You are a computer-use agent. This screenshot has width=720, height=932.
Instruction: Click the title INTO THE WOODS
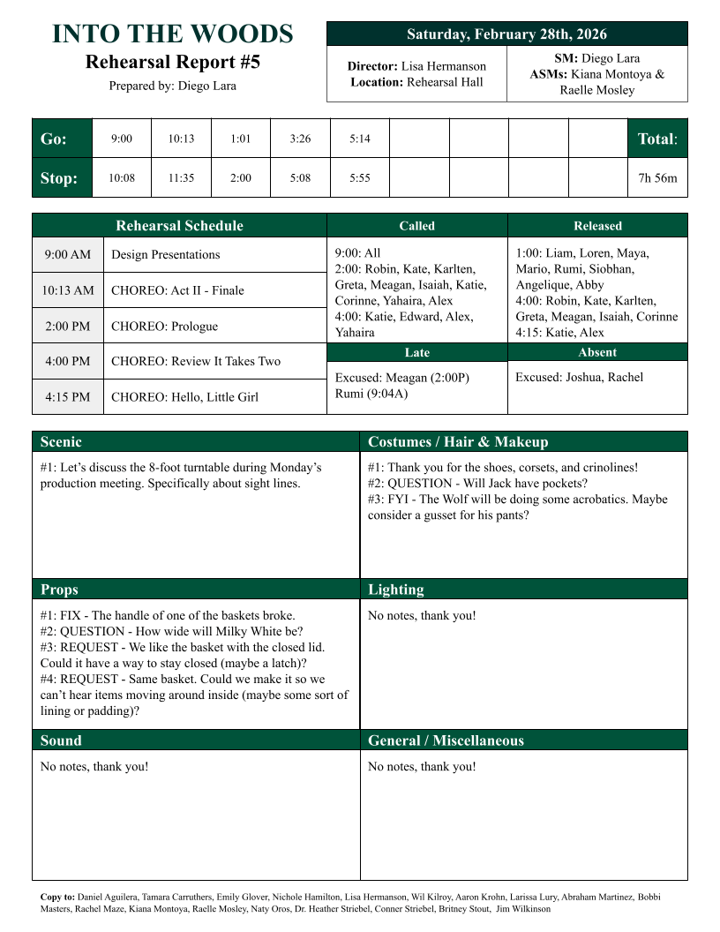click(173, 34)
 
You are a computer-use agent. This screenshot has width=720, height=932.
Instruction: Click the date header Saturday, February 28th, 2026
click(506, 34)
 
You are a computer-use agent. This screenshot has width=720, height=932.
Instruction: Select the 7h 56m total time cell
click(657, 178)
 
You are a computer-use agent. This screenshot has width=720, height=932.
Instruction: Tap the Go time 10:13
click(181, 139)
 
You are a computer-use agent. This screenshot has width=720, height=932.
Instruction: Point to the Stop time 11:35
click(181, 178)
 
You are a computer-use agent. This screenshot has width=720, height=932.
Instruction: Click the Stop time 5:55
click(360, 178)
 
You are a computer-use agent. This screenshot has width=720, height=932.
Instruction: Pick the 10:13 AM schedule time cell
click(68, 290)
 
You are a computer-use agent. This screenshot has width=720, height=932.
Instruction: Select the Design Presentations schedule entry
click(165, 255)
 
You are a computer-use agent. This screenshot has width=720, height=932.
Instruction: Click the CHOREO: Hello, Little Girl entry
click(184, 397)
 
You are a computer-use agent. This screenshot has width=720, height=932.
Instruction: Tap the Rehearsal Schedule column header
click(179, 226)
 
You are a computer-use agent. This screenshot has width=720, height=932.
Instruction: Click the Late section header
click(417, 352)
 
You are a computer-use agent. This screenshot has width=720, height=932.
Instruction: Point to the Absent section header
click(597, 352)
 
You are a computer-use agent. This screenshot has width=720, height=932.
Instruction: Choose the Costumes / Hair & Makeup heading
click(458, 442)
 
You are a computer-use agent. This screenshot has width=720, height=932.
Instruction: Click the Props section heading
click(59, 590)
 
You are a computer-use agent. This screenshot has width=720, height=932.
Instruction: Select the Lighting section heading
click(395, 590)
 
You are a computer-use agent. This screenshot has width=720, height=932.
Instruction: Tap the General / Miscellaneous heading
click(446, 740)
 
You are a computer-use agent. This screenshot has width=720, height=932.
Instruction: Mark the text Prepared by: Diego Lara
click(173, 86)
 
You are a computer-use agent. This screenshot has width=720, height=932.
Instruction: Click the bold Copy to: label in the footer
click(57, 897)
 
